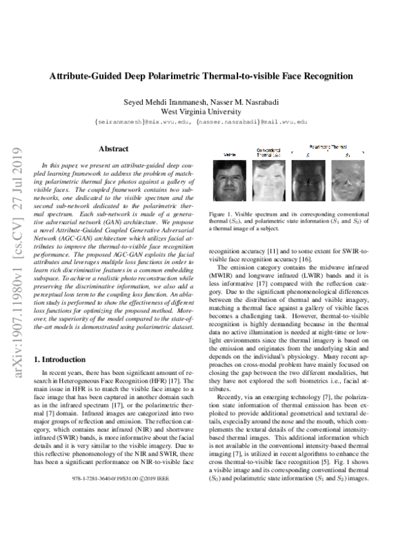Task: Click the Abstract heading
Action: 113,148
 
